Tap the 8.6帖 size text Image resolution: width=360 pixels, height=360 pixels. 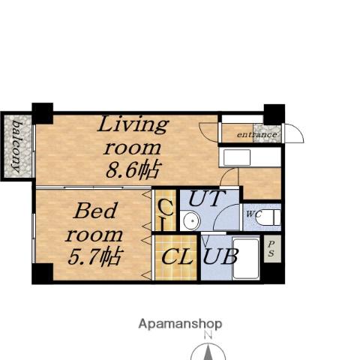point(133,170)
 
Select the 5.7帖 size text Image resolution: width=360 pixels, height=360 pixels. point(94,256)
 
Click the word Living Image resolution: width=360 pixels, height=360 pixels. point(133,124)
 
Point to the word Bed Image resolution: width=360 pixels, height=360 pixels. point(95,211)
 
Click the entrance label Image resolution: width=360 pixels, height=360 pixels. point(256,135)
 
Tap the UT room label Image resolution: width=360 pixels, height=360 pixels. point(207,199)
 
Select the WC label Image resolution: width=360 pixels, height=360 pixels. point(253,214)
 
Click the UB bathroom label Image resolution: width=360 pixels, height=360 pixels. point(220,256)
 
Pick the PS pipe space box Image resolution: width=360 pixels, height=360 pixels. point(272,249)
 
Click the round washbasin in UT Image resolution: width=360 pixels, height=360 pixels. point(192,221)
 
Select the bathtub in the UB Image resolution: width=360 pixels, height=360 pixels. point(245,259)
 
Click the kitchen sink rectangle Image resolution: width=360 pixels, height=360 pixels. point(237,157)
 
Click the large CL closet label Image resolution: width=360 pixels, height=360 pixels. point(177,256)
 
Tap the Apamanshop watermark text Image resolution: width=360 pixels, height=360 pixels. point(180,324)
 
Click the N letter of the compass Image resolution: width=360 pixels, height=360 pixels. point(208,335)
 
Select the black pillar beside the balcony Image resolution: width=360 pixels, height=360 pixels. point(43,113)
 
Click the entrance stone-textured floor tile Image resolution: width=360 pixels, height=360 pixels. point(267,133)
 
